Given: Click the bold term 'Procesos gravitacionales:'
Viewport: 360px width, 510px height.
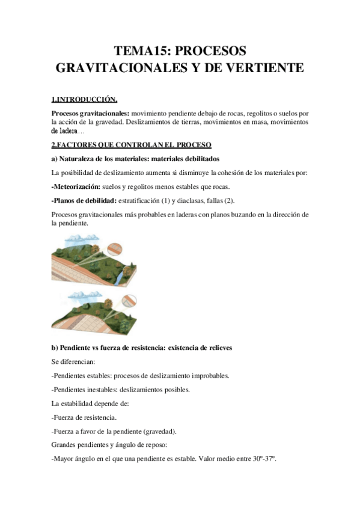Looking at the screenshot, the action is point(90,112).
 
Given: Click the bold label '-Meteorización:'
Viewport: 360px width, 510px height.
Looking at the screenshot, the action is point(76,186).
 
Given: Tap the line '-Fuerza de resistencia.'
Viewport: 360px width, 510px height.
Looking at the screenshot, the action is point(85,417).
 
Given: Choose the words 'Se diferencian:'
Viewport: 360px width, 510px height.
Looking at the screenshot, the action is point(76,361).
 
